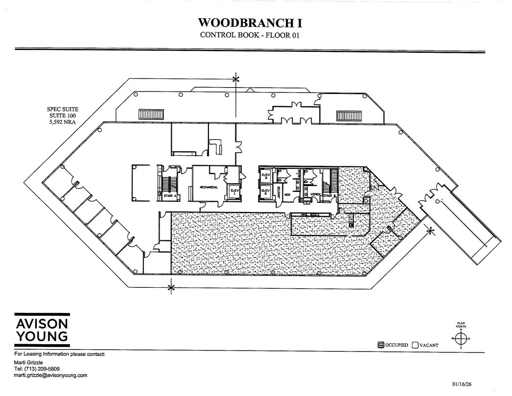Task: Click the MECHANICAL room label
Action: pos(209,187)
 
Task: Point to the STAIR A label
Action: pos(163,195)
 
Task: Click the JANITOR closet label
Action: pos(279,191)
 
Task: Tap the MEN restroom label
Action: pos(288,195)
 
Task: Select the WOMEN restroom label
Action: pos(315,195)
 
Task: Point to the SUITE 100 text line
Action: pos(62,116)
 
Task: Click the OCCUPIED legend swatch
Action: pos(381,345)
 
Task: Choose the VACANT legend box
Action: pos(415,345)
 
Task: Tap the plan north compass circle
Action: pos(461,338)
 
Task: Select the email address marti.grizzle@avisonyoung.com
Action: pos(51,375)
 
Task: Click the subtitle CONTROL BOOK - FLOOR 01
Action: pos(250,35)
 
